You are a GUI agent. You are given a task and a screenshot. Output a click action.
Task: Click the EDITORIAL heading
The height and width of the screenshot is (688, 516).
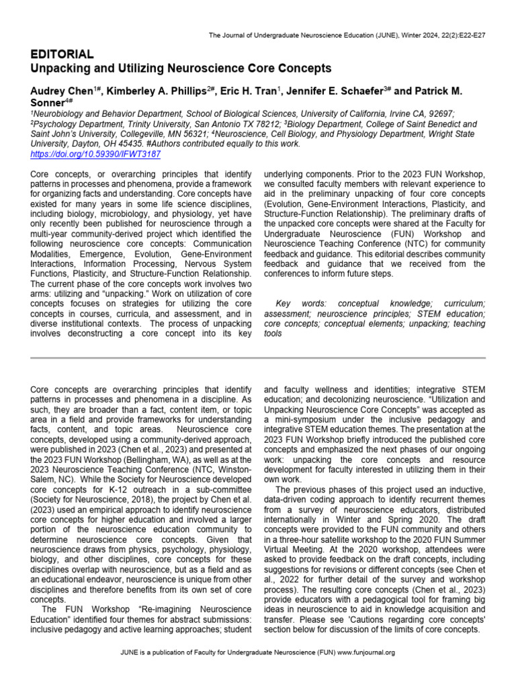point(62,54)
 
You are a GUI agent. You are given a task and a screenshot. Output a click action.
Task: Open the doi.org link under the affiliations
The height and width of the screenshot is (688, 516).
point(95,154)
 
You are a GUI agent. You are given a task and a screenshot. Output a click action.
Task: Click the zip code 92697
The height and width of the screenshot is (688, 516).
point(440,115)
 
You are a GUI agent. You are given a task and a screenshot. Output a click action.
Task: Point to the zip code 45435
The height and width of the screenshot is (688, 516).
point(128,144)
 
